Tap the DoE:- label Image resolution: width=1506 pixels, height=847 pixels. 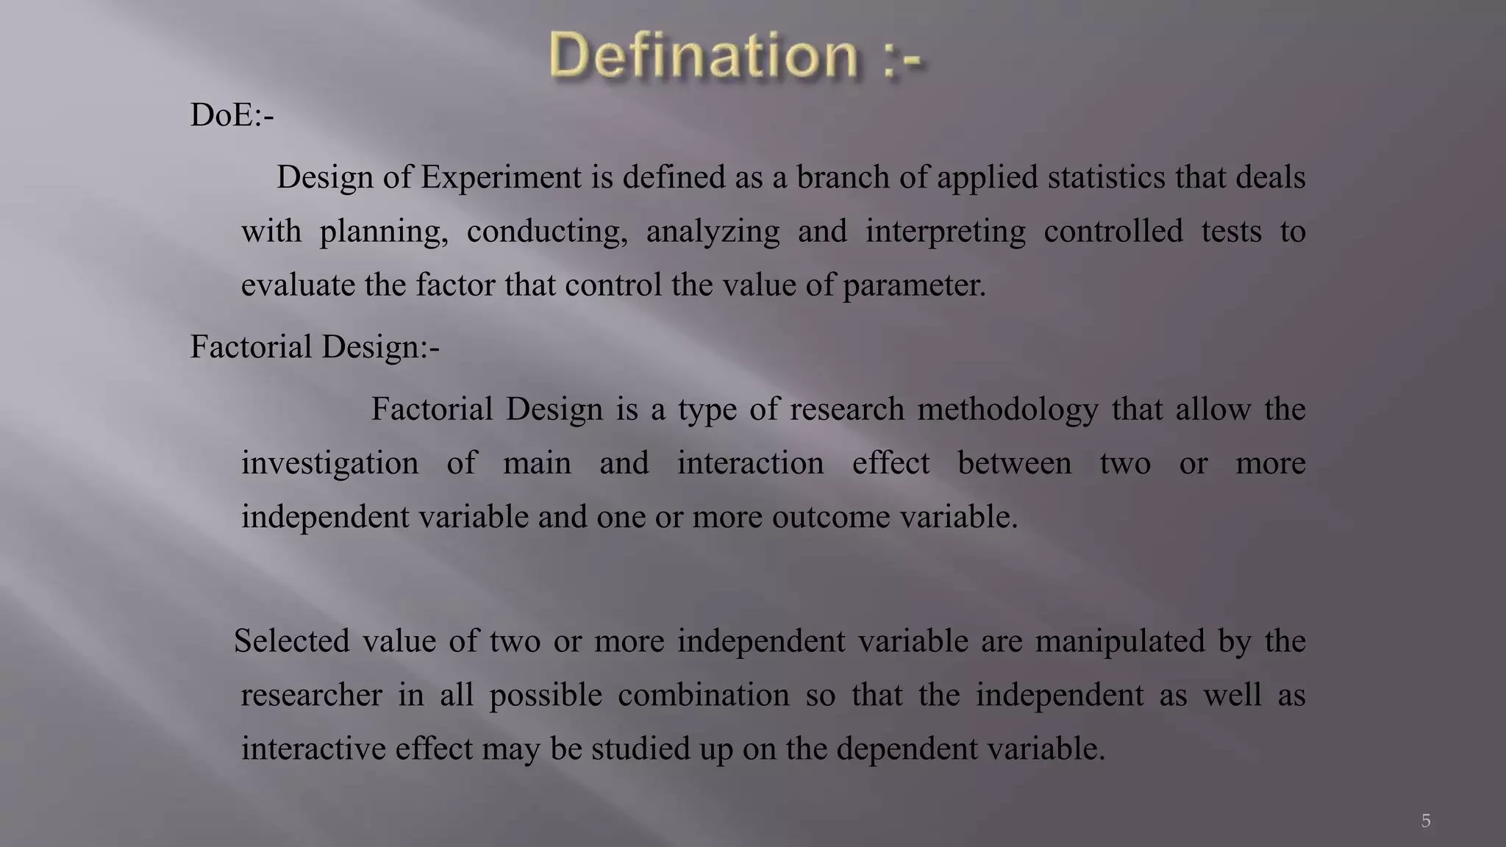[x=232, y=115]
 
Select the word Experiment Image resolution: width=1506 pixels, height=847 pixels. [x=501, y=178]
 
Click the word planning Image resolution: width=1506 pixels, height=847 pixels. [x=383, y=232]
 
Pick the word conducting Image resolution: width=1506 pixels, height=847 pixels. [x=547, y=232]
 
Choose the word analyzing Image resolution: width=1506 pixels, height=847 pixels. [x=713, y=232]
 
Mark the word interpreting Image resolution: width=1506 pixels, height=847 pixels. [x=945, y=232]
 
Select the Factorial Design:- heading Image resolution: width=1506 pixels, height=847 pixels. [x=315, y=347]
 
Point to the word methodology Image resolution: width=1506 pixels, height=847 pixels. [x=1007, y=410]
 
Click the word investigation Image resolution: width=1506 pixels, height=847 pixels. [x=329, y=464]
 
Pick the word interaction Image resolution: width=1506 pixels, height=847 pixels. [x=750, y=463]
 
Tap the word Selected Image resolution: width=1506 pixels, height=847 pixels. [x=291, y=640]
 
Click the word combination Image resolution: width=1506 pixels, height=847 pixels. [x=703, y=695]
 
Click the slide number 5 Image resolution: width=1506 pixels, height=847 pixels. [x=1425, y=821]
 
